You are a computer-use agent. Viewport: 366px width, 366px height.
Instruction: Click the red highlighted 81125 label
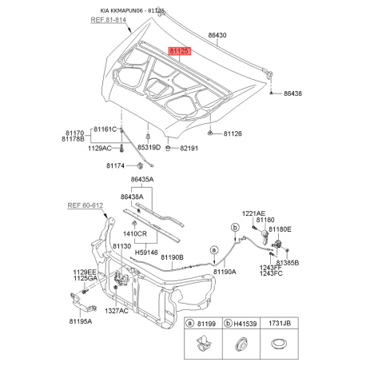179,50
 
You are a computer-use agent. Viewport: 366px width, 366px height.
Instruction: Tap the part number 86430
217,35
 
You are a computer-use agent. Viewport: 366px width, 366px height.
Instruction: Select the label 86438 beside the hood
292,93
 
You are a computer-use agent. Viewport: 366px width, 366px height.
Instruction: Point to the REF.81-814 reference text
108,20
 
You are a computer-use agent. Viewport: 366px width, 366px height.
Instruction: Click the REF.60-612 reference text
85,205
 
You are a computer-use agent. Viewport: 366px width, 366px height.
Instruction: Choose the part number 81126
233,133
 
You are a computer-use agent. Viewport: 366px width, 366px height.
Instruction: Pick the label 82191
189,148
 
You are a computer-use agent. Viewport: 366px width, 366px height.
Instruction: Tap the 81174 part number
115,165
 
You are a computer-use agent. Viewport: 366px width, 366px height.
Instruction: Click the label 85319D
149,147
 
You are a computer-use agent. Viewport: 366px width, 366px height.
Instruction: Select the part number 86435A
142,180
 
